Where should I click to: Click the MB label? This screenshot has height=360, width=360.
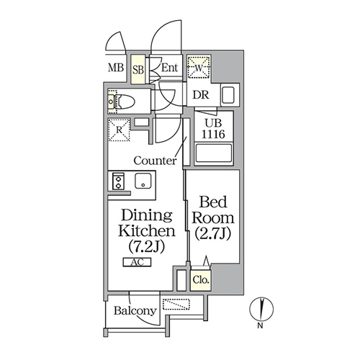pyautogui.click(x=116, y=68)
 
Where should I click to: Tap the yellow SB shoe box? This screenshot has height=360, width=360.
pyautogui.click(x=138, y=69)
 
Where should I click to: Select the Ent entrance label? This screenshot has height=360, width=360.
pyautogui.click(x=169, y=68)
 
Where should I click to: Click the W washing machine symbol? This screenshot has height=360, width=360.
pyautogui.click(x=199, y=66)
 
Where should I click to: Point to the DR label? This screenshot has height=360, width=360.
pyautogui.click(x=201, y=95)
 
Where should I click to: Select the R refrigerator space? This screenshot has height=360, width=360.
pyautogui.click(x=119, y=130)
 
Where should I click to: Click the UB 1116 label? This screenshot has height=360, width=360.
pyautogui.click(x=213, y=129)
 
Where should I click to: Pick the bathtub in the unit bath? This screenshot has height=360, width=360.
pyautogui.click(x=214, y=153)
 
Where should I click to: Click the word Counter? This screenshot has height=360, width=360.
pyautogui.click(x=155, y=161)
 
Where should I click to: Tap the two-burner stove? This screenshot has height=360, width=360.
pyautogui.click(x=118, y=181)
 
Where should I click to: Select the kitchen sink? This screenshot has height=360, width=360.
pyautogui.click(x=143, y=181)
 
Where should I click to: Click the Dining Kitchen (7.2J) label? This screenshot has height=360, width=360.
pyautogui.click(x=147, y=231)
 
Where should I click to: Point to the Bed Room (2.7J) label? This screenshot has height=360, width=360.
pyautogui.click(x=213, y=218)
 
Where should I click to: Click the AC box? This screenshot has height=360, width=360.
pyautogui.click(x=137, y=262)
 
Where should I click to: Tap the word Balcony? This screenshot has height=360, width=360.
pyautogui.click(x=135, y=311)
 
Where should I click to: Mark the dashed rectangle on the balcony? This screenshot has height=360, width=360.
pyautogui.click(x=176, y=305)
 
